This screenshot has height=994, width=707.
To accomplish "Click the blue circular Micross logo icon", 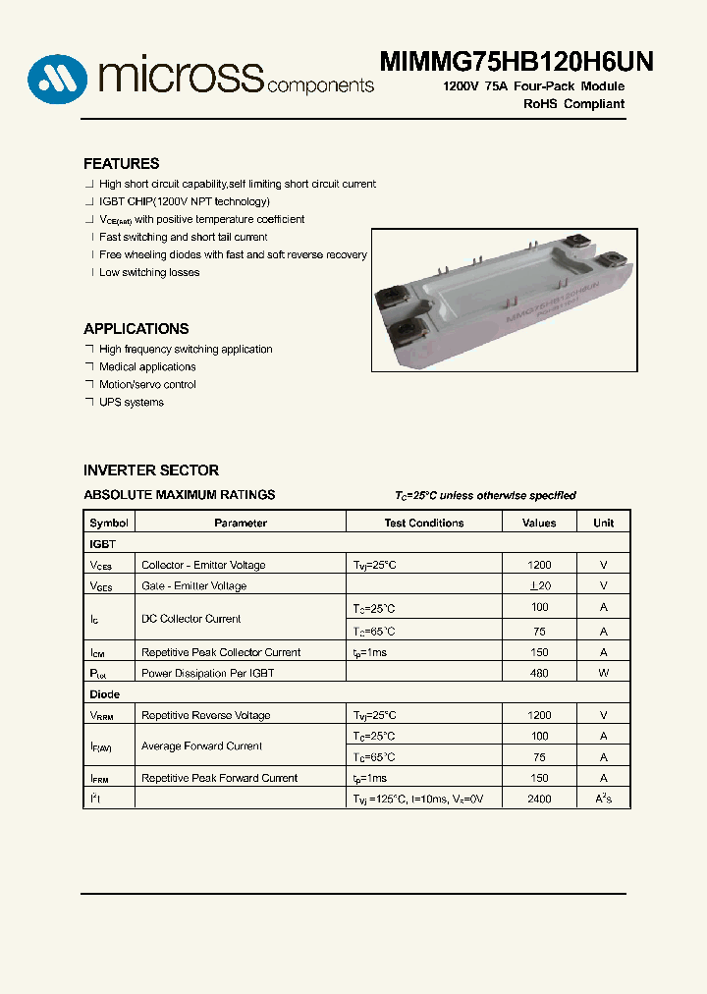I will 58,78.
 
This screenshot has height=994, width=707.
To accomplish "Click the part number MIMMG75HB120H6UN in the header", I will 517,61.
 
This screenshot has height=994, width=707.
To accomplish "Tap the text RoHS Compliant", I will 573,104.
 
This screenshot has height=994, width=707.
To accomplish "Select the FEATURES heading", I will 121,164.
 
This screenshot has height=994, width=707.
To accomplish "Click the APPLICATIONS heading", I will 136,329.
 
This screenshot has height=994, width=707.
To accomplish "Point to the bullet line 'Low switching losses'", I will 149,273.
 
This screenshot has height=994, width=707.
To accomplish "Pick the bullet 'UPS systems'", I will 132,403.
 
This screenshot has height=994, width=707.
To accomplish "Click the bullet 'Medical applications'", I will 147,367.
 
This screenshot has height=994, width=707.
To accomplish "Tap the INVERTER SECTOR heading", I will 150,470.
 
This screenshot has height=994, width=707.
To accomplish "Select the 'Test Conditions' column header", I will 424,524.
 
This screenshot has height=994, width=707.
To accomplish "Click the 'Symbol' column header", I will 109,524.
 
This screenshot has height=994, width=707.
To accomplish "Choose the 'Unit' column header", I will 603,524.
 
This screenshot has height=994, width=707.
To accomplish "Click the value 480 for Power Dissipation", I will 539,673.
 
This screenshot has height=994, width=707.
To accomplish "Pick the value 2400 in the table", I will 539,800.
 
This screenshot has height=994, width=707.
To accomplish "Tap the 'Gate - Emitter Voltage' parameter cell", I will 193,586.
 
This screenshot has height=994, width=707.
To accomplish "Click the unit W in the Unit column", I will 603,673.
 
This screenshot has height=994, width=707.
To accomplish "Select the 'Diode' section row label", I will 105,694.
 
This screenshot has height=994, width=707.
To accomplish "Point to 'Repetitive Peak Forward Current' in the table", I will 219,778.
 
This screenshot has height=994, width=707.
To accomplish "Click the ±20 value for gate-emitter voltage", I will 539,586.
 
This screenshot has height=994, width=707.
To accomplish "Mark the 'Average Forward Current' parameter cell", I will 201,746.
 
